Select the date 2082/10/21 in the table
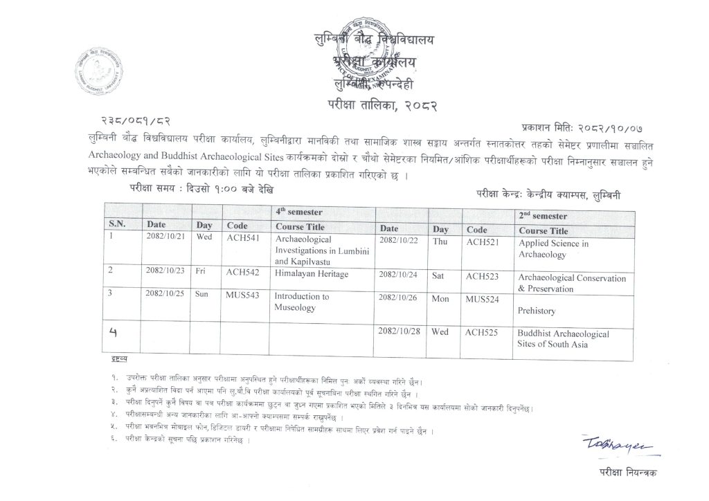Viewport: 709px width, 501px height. [x=165, y=237]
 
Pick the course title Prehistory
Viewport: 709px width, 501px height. [x=537, y=311]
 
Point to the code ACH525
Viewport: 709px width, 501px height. [x=483, y=332]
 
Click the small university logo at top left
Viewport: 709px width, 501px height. [x=97, y=69]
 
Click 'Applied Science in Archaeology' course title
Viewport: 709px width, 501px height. [x=553, y=249]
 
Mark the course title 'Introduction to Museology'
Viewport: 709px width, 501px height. [x=301, y=302]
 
